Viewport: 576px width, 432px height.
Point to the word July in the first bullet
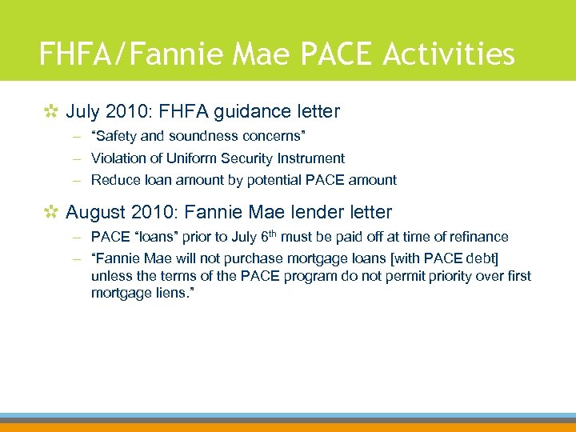pyautogui.click(x=82, y=111)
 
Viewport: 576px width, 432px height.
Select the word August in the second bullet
pyautogui.click(x=94, y=212)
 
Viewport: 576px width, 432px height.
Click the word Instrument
pyautogui.click(x=312, y=158)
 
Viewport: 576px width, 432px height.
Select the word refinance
pyautogui.click(x=476, y=237)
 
